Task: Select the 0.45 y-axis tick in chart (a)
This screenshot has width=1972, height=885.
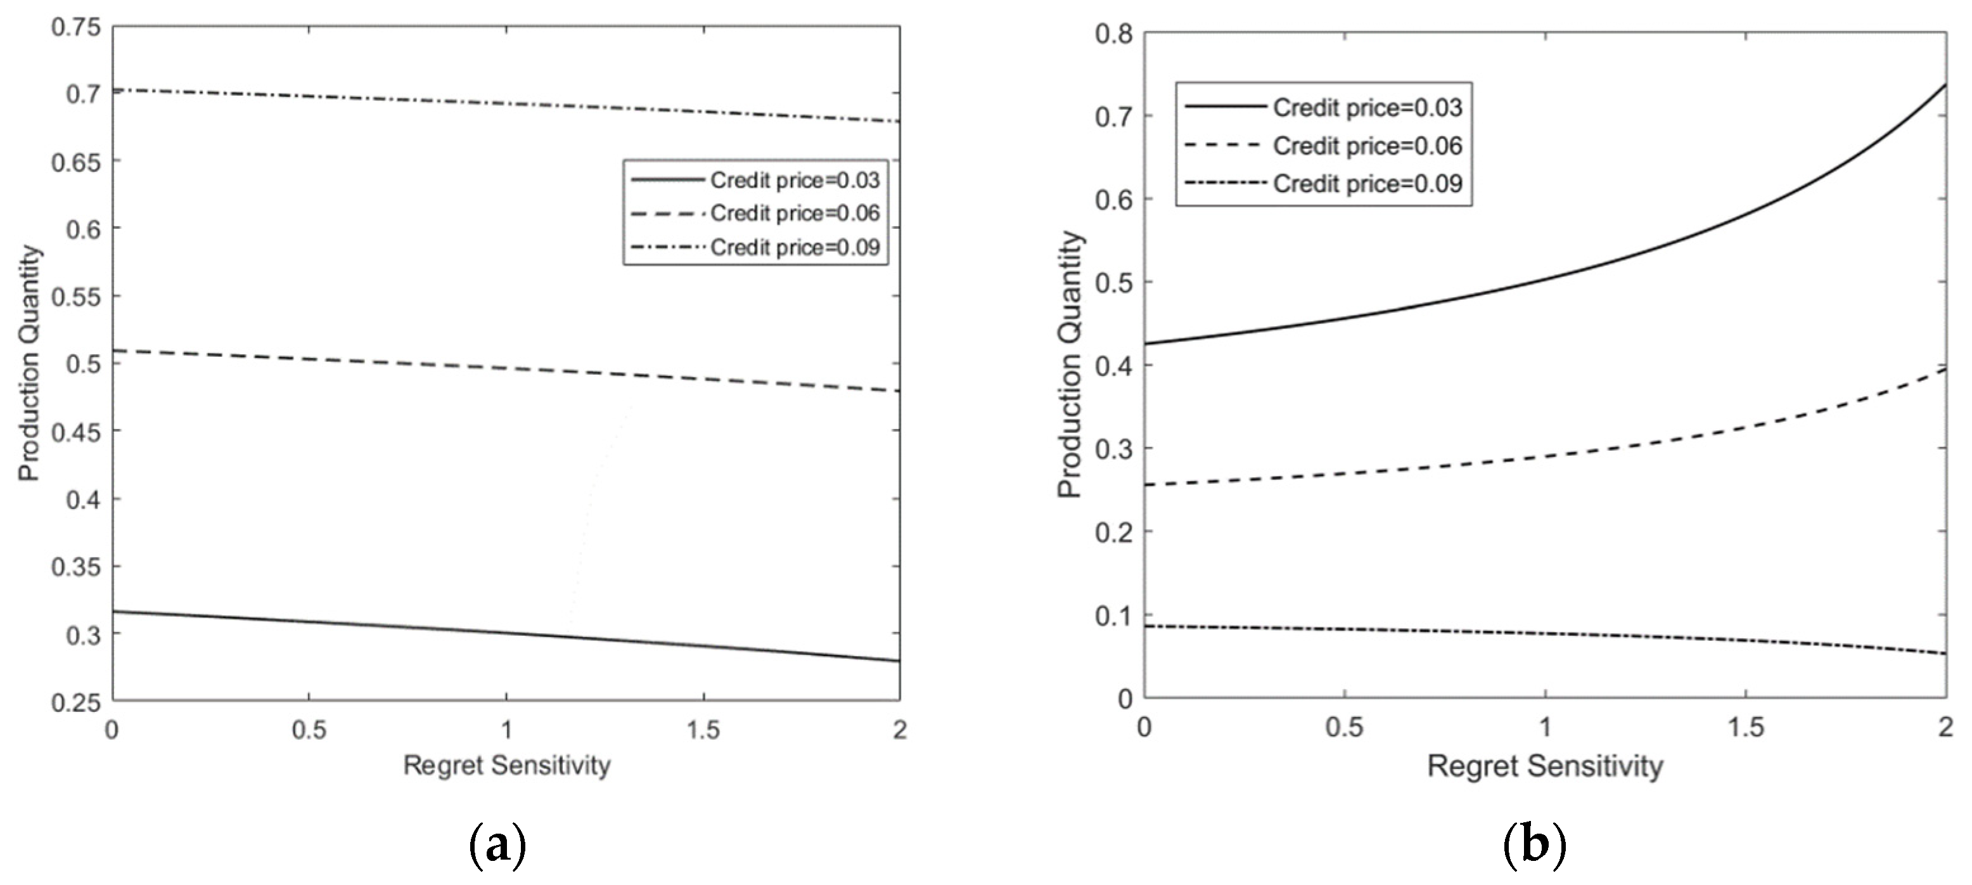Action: pos(77,432)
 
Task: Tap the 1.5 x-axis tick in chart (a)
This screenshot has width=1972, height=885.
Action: pos(703,730)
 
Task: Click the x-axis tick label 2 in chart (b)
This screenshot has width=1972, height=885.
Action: pos(1945,727)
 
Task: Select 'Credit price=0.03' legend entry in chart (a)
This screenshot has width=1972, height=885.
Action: pos(795,181)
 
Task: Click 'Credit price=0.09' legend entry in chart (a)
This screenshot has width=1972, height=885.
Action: pos(795,247)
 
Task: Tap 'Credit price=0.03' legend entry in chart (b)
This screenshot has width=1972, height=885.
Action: pos(1367,108)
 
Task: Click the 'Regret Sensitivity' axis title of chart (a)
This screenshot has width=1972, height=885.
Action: pos(507,765)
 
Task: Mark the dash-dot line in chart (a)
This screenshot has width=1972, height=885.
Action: pos(505,103)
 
